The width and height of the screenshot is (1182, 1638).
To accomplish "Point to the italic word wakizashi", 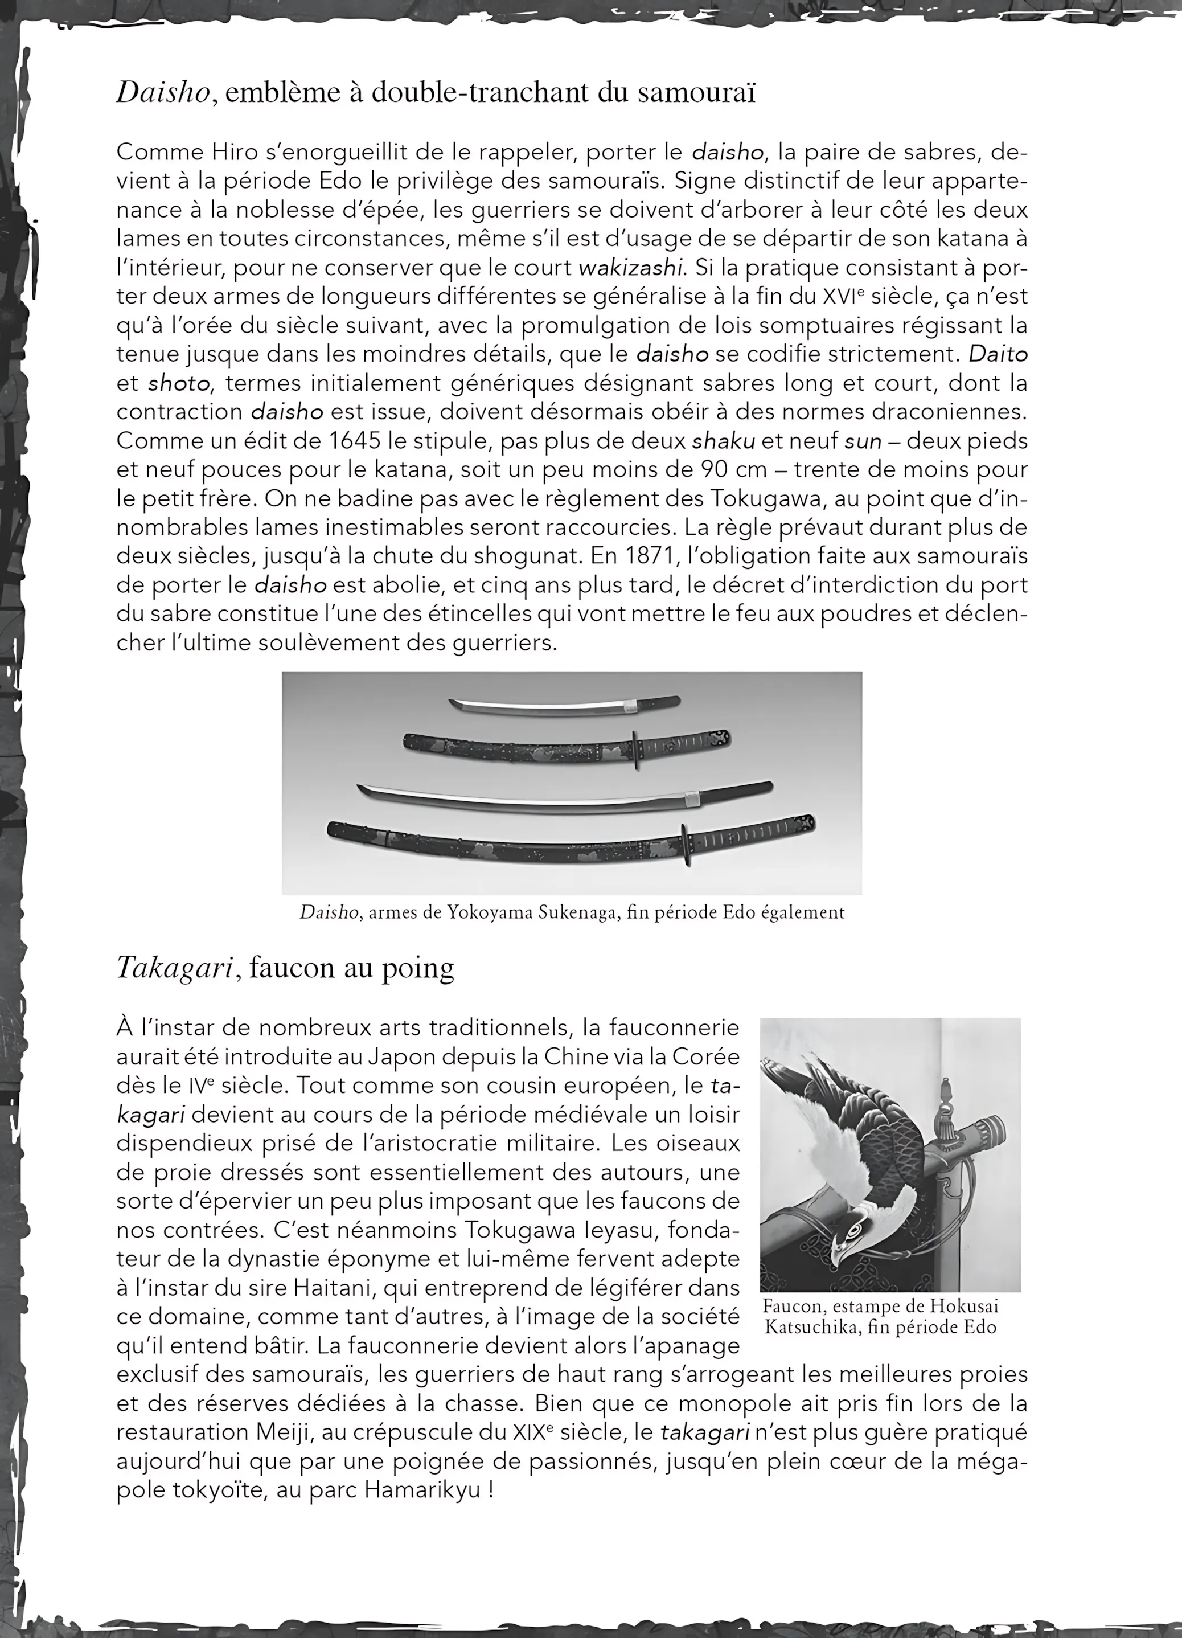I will click(630, 268).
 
